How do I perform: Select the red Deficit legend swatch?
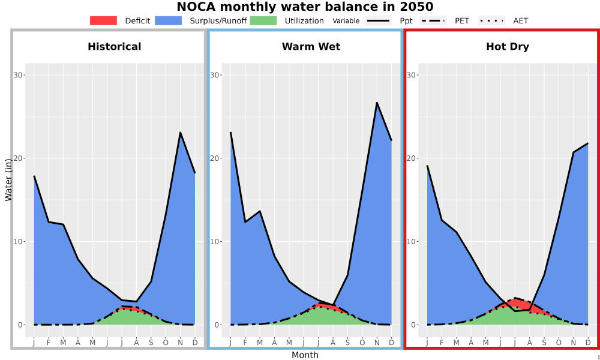pos(103,20)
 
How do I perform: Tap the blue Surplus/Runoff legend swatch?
pos(169,20)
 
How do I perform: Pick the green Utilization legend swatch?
pos(263,20)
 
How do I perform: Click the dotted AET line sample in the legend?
pos(491,20)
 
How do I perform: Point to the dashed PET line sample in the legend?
pos(433,20)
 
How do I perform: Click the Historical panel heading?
pos(115,47)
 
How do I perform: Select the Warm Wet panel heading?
pos(311,47)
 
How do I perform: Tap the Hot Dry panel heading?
pos(508,47)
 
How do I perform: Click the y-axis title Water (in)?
pos(8,180)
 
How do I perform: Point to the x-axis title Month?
pos(305,355)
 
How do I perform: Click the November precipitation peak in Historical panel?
pos(180,133)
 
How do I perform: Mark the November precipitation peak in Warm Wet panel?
pos(377,103)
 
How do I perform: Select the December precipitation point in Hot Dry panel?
pos(588,143)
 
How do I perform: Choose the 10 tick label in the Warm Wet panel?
pos(215,241)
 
